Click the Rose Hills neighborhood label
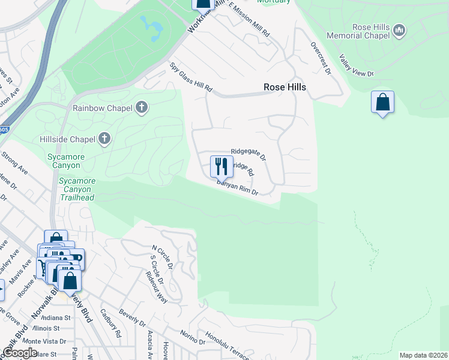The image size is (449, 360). point(285,87)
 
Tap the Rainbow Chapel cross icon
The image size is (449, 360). point(142,108)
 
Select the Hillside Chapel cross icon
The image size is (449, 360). point(104,139)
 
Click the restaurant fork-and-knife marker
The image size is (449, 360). point(221,166)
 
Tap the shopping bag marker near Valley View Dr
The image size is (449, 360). point(382,103)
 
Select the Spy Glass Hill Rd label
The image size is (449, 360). point(191,77)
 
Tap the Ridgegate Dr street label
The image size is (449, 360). point(248,155)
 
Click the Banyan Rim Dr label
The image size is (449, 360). point(237,188)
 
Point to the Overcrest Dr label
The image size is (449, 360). point(321,58)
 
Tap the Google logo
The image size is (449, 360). point(20,353)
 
